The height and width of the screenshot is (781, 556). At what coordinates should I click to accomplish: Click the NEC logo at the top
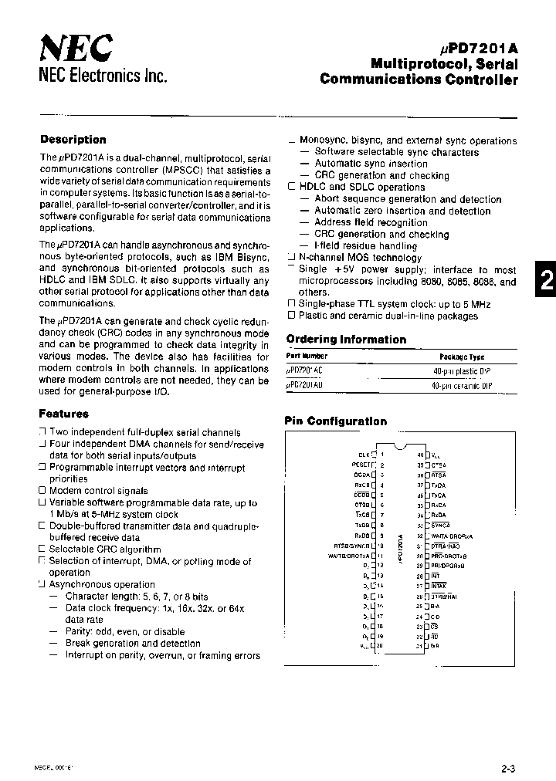coord(75,49)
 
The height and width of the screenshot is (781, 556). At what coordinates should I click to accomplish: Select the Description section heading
coord(73,140)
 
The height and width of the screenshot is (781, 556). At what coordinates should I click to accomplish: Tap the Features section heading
coord(63,414)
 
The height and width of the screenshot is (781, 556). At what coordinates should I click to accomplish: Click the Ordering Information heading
coord(346,340)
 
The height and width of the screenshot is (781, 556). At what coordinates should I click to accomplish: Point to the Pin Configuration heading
coord(336,421)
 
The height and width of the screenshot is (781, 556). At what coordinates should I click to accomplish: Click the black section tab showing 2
coord(545,282)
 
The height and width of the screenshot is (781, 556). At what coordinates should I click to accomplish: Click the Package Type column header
coord(462,357)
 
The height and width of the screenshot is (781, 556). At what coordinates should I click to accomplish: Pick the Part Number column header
coord(307,357)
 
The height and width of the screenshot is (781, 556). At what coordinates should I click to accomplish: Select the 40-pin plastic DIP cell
coord(462,370)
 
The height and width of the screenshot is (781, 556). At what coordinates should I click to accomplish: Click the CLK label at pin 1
coord(364,455)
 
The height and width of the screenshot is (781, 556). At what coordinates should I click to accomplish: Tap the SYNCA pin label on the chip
coord(440,525)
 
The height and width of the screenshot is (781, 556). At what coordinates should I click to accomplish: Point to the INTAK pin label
coord(439,586)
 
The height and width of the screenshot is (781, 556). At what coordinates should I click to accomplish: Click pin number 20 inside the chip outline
coord(380,646)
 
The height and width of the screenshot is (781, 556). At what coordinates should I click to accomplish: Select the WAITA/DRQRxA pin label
coord(452,536)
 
